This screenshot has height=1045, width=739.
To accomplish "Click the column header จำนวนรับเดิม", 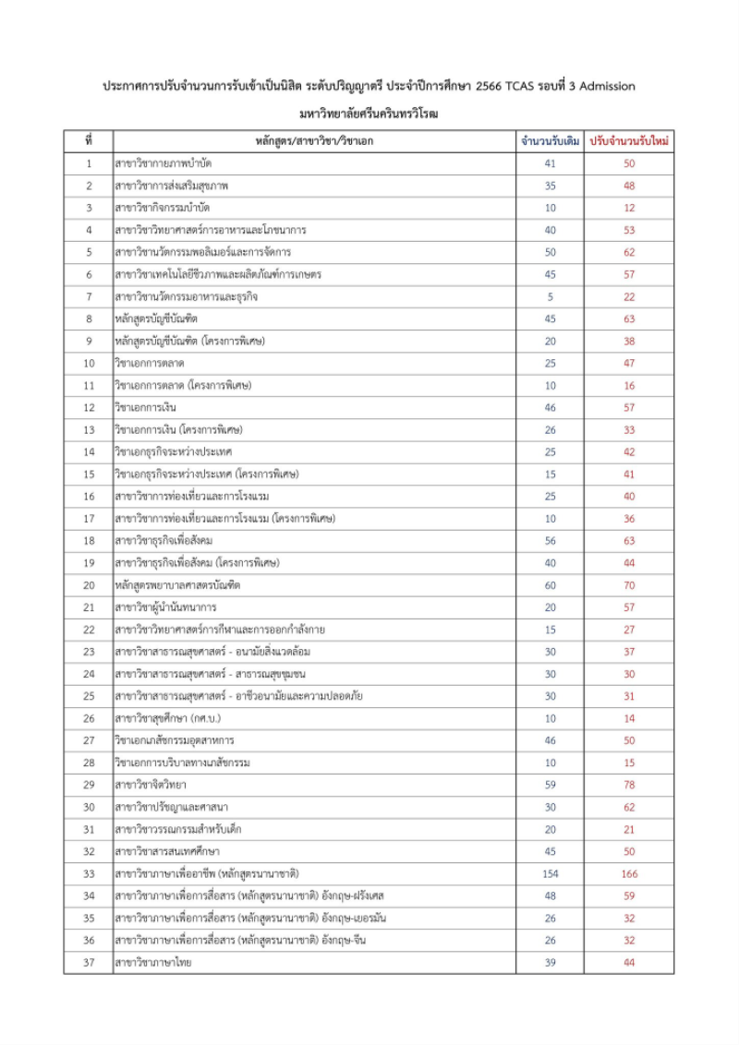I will (x=550, y=141).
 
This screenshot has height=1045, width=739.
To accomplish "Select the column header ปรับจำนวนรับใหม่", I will (x=629, y=141).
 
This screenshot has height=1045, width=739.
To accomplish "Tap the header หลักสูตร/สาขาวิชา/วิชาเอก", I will (x=314, y=141).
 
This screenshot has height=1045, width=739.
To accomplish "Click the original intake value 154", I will (x=550, y=873).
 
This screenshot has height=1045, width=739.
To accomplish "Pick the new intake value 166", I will (x=629, y=873).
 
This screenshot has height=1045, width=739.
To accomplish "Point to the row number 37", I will (x=89, y=963).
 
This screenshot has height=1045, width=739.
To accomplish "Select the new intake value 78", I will (x=629, y=785).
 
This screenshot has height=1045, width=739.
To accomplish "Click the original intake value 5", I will (x=550, y=296).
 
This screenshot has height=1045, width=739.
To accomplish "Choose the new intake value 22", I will (x=629, y=296).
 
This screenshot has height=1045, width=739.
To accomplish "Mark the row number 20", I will (x=89, y=585).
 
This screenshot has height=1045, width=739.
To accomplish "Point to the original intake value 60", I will (x=550, y=585).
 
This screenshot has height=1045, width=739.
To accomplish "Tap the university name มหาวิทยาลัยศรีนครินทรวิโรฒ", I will (x=369, y=114).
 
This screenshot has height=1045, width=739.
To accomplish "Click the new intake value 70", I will (x=629, y=585).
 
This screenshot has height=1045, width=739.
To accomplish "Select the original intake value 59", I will (x=550, y=785).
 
